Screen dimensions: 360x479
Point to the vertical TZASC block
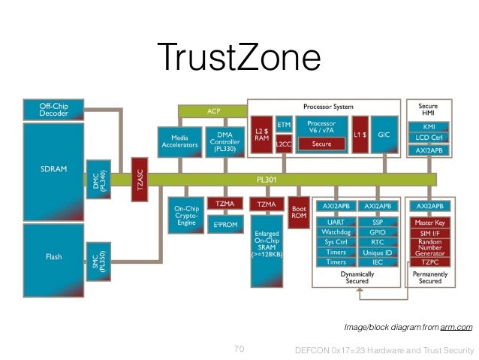[x=138, y=180]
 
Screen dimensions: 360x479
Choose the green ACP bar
[x=213, y=111]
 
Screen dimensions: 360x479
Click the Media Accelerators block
[x=178, y=142]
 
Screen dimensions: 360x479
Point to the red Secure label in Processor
[x=321, y=144]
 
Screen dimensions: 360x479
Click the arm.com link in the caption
[x=457, y=327]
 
